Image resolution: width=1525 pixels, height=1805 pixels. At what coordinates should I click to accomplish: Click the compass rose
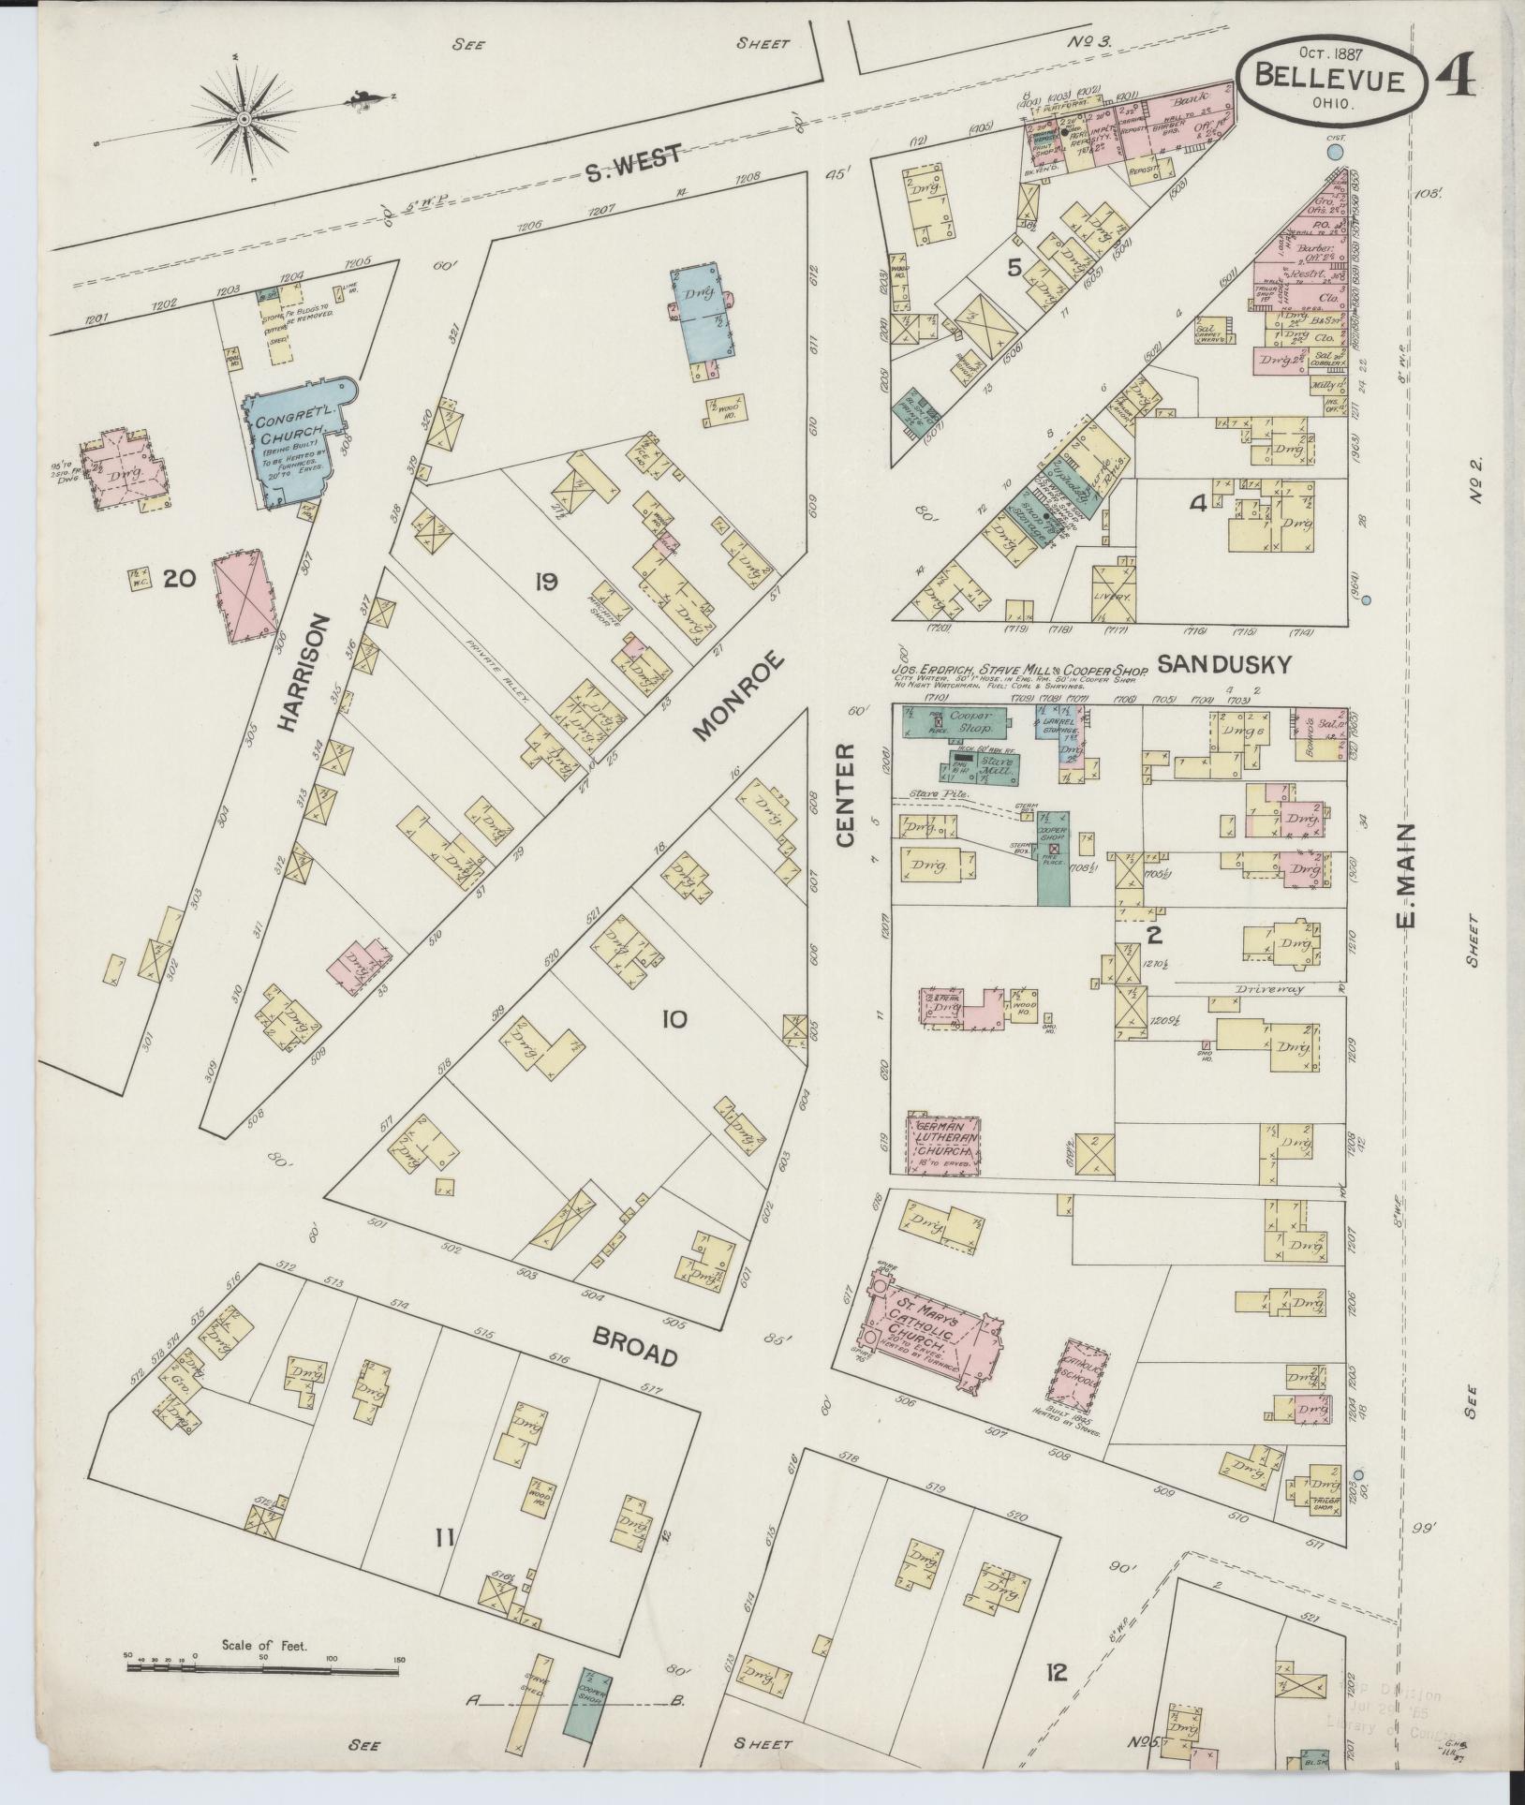coord(244,119)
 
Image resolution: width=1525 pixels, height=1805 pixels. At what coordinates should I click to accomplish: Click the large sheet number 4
coord(1457,79)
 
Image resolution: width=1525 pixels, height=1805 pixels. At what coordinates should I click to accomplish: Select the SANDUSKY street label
coord(1224,664)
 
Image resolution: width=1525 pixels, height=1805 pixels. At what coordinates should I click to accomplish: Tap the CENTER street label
coord(846,796)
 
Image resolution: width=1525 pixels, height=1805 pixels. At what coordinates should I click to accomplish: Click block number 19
coord(546,582)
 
